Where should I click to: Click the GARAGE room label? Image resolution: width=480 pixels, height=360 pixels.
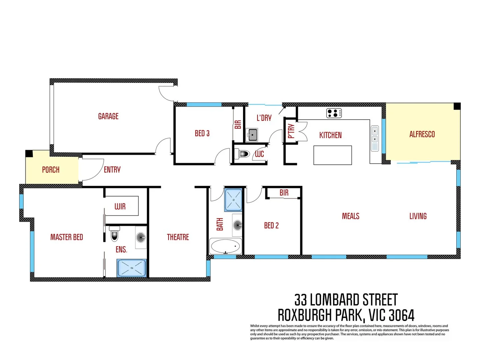pyautogui.click(x=108, y=116)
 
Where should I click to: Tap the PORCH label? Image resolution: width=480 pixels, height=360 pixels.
pyautogui.click(x=51, y=170)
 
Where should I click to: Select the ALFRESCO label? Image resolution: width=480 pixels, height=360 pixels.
pyautogui.click(x=422, y=134)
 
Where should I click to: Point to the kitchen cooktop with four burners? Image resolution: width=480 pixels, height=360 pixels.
pyautogui.click(x=334, y=113)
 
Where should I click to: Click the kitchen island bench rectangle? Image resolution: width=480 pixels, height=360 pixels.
pyautogui.click(x=333, y=155)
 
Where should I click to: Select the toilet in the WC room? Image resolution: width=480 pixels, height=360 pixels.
pyautogui.click(x=244, y=154)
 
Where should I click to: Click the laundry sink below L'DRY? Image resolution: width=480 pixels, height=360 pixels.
pyautogui.click(x=252, y=135)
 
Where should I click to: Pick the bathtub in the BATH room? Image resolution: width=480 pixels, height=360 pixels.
pyautogui.click(x=225, y=247)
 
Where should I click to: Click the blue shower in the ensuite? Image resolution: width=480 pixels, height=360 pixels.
pyautogui.click(x=131, y=268)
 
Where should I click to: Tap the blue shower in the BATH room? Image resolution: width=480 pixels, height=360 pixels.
pyautogui.click(x=233, y=200)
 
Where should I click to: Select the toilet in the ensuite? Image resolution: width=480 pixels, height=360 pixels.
pyautogui.click(x=115, y=234)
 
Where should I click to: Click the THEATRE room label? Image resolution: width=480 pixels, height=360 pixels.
pyautogui.click(x=178, y=237)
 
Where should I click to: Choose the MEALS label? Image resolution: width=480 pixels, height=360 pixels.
pyautogui.click(x=351, y=216)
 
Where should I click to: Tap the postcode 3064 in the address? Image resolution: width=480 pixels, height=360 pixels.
pyautogui.click(x=401, y=315)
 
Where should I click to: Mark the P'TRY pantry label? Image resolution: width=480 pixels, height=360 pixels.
pyautogui.click(x=291, y=131)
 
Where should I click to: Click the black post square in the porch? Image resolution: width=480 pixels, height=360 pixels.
pyautogui.click(x=29, y=154)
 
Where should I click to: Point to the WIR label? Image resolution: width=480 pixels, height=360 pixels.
pyautogui.click(x=120, y=207)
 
